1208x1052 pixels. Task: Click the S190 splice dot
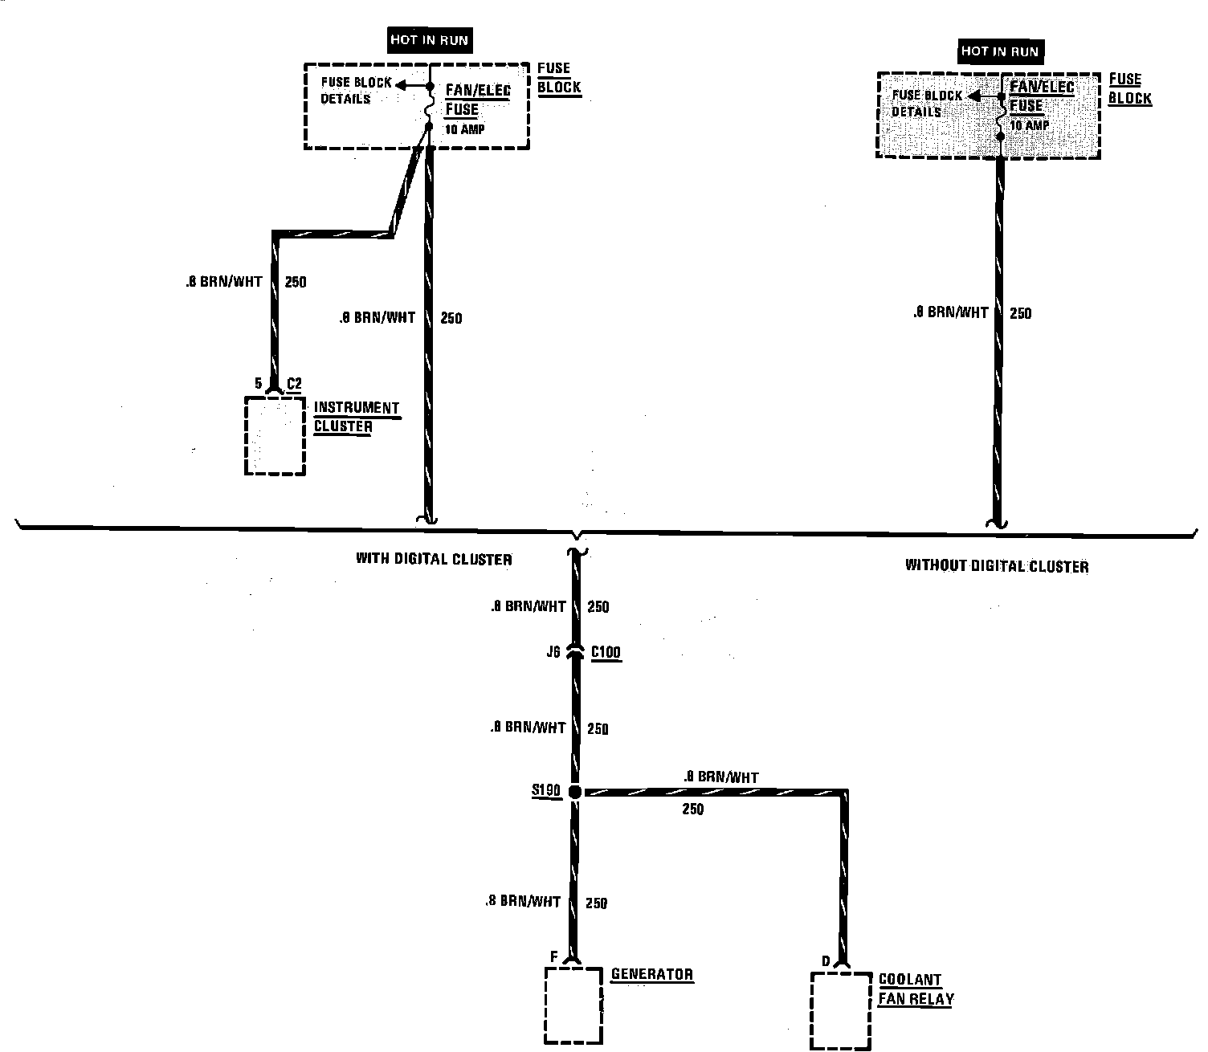[574, 792]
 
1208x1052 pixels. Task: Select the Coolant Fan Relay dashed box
[840, 1011]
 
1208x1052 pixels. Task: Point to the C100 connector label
[606, 652]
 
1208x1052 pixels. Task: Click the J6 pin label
[553, 652]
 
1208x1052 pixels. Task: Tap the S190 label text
[546, 791]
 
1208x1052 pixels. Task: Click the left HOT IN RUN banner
[429, 40]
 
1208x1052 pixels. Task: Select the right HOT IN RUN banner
[1000, 51]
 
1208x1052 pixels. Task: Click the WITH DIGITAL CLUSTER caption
[434, 559]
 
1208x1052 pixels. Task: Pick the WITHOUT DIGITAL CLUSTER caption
[997, 566]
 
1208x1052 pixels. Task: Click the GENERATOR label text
[651, 975]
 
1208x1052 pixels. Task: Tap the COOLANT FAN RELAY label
[916, 990]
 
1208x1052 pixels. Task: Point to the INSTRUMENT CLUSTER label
[356, 417]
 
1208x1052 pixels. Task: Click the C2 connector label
[294, 384]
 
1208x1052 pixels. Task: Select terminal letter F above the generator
[553, 956]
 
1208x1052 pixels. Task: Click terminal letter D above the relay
[825, 961]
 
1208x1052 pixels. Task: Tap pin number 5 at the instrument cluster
[259, 384]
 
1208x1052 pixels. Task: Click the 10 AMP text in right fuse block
[1030, 126]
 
